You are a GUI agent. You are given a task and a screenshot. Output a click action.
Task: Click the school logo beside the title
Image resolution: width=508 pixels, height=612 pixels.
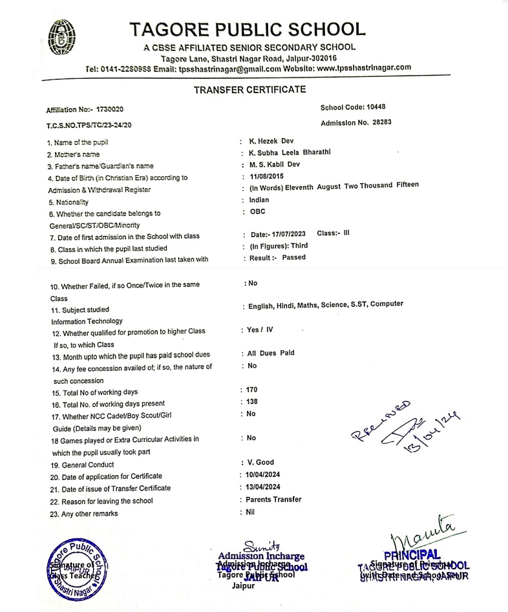[x=62, y=38]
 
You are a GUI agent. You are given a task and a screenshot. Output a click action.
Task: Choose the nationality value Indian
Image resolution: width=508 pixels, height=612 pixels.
[x=259, y=200]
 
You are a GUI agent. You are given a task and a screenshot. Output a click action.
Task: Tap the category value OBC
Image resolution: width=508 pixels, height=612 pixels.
[x=257, y=211]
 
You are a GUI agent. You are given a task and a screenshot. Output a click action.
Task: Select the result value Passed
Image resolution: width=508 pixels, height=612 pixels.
[x=294, y=257]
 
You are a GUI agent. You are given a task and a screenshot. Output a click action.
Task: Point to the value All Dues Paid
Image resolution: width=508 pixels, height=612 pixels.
[x=271, y=353]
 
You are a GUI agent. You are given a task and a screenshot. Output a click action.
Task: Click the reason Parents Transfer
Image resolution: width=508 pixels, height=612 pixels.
[x=275, y=499]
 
